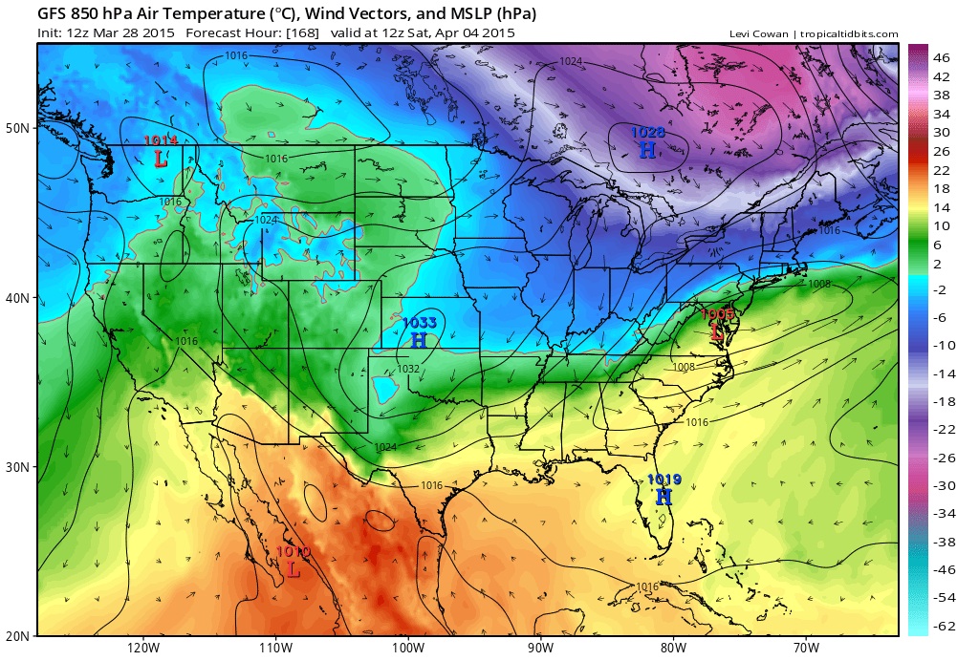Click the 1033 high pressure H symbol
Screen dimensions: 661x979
click(419, 340)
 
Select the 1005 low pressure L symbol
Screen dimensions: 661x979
click(717, 331)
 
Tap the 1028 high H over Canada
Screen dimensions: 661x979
click(647, 150)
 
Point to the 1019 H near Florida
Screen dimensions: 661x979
click(664, 497)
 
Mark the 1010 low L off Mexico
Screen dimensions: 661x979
click(294, 568)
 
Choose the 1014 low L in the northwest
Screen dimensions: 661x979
click(161, 159)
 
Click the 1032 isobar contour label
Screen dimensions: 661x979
click(408, 369)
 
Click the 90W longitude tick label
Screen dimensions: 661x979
click(541, 648)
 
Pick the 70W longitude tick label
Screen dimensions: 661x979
click(806, 648)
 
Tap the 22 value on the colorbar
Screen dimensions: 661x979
click(942, 169)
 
